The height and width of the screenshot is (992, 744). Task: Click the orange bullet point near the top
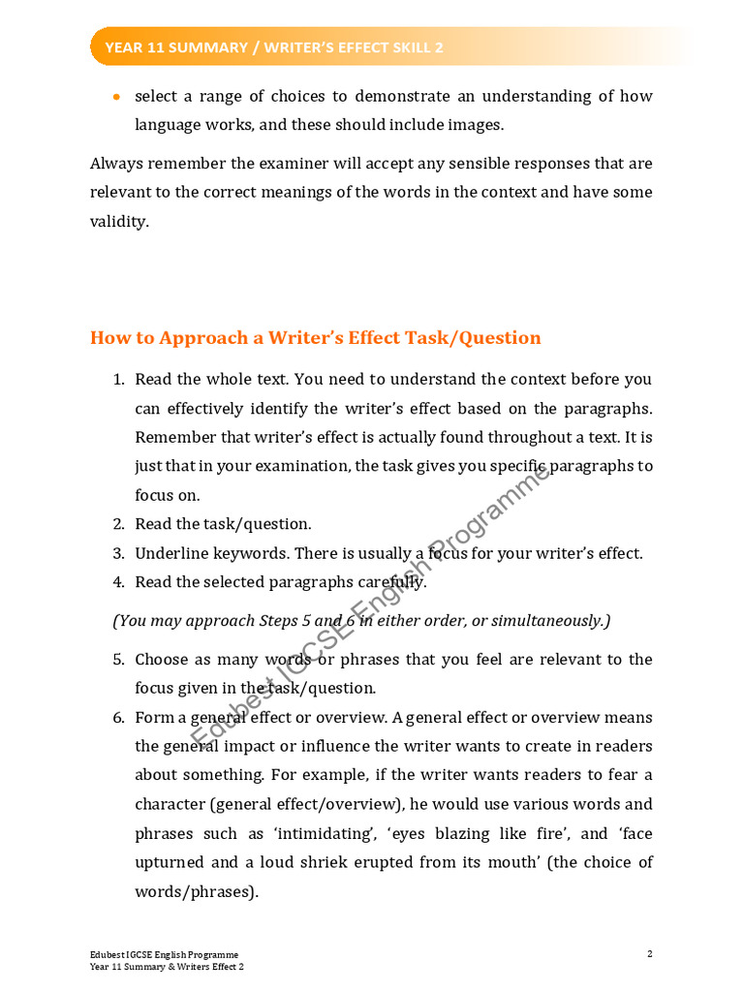(x=117, y=97)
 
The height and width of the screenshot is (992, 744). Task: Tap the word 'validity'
(x=118, y=222)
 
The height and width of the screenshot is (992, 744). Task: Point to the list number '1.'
(x=118, y=379)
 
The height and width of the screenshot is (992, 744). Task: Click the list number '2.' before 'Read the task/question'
(x=118, y=524)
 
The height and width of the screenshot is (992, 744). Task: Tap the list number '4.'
(x=118, y=583)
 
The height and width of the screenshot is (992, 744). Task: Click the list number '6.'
(x=118, y=718)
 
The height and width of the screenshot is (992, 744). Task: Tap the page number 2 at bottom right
(x=649, y=954)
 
